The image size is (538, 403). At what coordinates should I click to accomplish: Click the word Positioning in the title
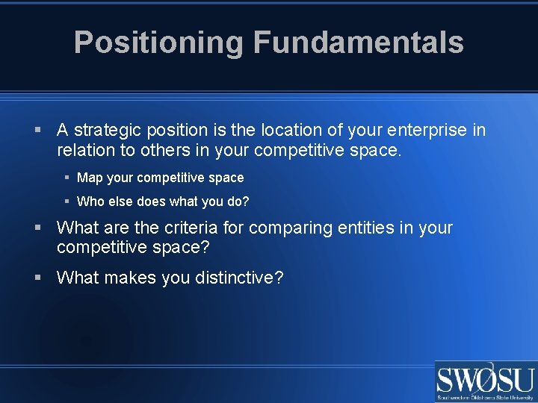click(158, 43)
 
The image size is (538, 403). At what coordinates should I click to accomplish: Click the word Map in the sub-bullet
click(90, 178)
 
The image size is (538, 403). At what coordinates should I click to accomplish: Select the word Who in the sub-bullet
click(91, 201)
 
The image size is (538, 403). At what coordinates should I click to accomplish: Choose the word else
click(122, 201)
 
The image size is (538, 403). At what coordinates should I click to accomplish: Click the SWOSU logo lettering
click(485, 379)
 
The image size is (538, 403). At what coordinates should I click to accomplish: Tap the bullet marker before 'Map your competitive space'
click(67, 178)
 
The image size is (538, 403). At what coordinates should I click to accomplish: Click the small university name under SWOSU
click(485, 398)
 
